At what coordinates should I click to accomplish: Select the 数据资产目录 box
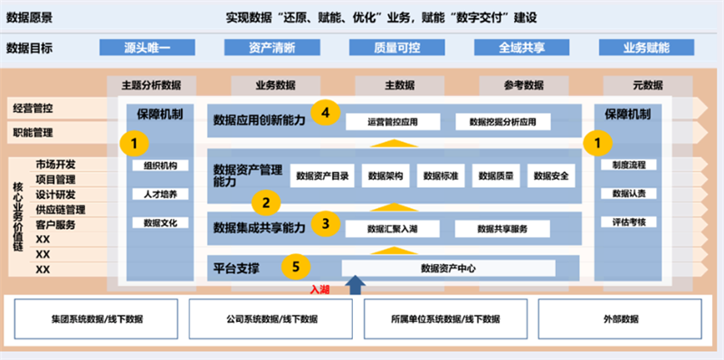click(x=322, y=175)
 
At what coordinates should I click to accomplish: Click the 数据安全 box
click(x=551, y=175)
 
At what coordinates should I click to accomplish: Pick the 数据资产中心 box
click(x=449, y=268)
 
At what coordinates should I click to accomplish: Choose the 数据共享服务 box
click(x=500, y=229)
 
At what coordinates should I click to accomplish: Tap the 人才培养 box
click(x=148, y=194)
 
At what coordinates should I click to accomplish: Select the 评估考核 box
click(x=629, y=222)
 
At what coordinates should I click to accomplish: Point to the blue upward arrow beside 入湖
click(x=357, y=285)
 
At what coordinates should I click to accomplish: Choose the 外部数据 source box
click(x=620, y=319)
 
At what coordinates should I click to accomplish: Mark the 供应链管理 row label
click(x=62, y=210)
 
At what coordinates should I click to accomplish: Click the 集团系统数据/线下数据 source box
click(x=97, y=319)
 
